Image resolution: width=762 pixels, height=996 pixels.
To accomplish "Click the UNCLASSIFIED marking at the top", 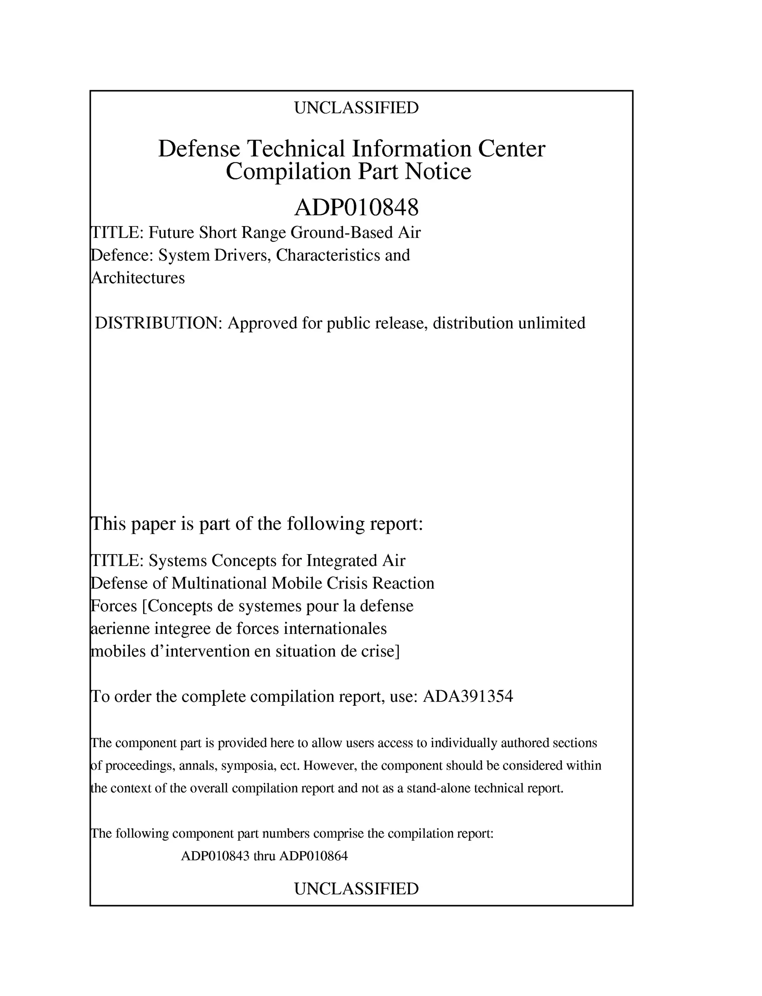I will [356, 108].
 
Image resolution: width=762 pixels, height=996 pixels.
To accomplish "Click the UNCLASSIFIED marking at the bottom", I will [356, 888].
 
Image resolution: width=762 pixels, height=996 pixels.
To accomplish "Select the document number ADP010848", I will [356, 208].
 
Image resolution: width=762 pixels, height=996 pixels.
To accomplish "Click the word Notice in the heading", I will [438, 172].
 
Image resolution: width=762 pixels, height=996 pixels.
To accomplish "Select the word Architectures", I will [138, 278].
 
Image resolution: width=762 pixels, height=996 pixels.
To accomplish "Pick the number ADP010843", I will [215, 856].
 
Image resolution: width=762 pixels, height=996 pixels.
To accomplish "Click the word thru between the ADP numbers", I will [265, 856].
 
